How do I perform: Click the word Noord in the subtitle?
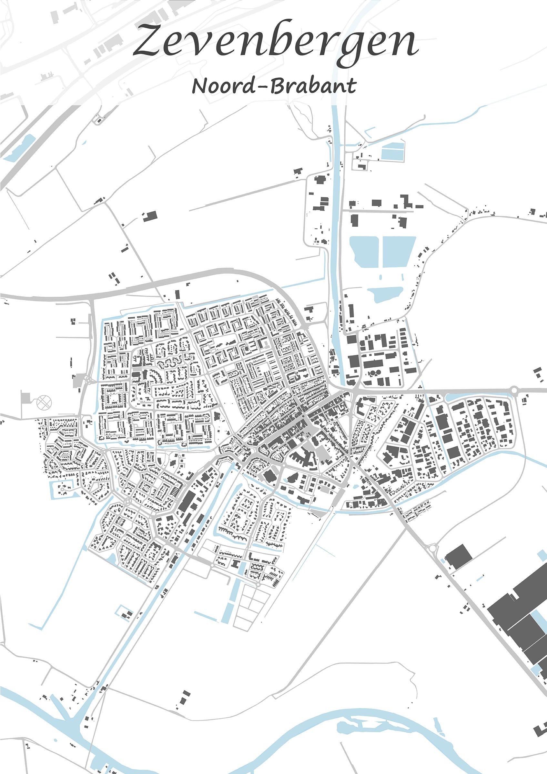coord(223,86)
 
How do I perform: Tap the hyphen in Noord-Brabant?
coord(263,87)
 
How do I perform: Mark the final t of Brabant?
coord(351,86)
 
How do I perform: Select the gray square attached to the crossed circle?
coord(25,398)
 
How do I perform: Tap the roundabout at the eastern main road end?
coord(514,390)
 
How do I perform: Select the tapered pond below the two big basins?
coord(384,293)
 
